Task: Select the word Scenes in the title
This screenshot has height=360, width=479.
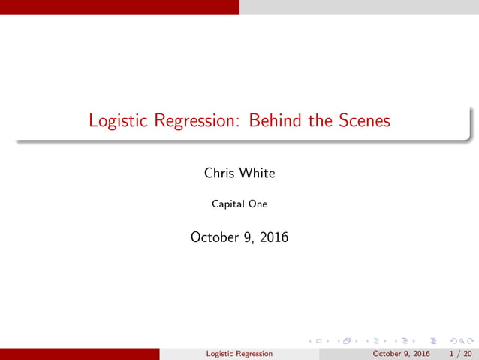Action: pyautogui.click(x=363, y=120)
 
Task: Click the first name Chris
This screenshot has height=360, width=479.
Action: pyautogui.click(x=220, y=173)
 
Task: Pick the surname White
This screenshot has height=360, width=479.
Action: pyautogui.click(x=258, y=173)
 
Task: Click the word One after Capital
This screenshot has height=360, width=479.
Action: pyautogui.click(x=258, y=203)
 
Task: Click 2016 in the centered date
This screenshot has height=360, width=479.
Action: pyautogui.click(x=272, y=237)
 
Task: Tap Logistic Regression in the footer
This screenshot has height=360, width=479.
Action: pyautogui.click(x=239, y=353)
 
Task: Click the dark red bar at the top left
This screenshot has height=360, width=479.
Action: pyautogui.click(x=119, y=7)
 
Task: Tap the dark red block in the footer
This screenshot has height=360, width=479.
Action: pyautogui.click(x=80, y=353)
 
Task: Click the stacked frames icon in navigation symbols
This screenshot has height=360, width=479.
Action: pyautogui.click(x=348, y=341)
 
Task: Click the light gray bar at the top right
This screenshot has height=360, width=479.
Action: pyautogui.click(x=359, y=7)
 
